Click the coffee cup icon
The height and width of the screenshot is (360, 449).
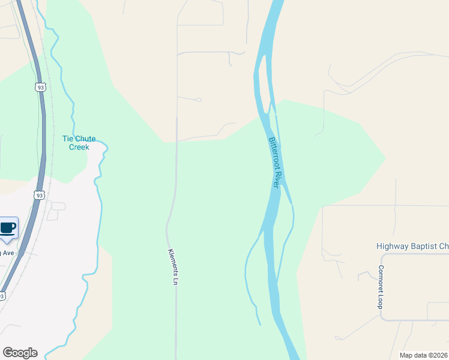[8, 228]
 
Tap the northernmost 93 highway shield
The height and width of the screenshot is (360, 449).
[40, 88]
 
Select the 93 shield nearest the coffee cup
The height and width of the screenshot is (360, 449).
[39, 196]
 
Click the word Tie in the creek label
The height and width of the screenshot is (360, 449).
[68, 139]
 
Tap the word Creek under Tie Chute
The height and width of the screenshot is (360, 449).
[79, 147]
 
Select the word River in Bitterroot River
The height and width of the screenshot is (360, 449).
[277, 180]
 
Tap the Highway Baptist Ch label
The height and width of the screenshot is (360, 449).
[412, 246]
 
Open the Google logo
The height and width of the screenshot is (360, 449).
[20, 353]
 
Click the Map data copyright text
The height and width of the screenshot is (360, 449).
[424, 355]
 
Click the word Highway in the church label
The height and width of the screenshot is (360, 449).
[392, 246]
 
